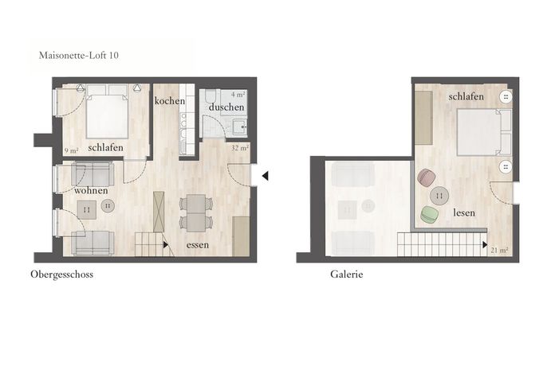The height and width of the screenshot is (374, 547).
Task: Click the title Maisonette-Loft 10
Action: click(78, 56)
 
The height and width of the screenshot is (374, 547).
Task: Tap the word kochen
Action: click(170, 101)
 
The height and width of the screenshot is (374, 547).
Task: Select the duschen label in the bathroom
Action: click(226, 107)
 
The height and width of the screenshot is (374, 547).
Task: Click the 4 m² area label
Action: click(238, 95)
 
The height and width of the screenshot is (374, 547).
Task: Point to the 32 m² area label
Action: click(240, 148)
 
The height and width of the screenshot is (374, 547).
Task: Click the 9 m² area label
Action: click(71, 151)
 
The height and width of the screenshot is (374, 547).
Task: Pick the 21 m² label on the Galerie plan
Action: click(499, 250)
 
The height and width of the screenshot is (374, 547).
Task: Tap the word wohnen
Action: click(91, 190)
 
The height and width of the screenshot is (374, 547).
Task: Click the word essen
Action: click(198, 245)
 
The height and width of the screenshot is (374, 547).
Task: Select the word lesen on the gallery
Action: click(464, 212)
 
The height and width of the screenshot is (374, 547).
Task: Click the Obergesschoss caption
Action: click(61, 275)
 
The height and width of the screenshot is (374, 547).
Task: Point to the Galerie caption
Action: click(346, 275)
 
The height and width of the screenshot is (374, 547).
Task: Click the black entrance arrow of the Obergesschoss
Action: click(265, 176)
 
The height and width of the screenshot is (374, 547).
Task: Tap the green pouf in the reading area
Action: click(429, 215)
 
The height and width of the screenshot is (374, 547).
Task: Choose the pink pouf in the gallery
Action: click(427, 178)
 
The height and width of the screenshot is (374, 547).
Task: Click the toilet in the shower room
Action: click(211, 96)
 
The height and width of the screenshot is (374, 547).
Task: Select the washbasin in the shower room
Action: click(239, 127)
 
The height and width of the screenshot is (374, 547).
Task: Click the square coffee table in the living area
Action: click(87, 209)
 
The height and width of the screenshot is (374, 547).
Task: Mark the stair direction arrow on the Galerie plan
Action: click(485, 245)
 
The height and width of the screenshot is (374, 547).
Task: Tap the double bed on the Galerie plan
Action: click(484, 132)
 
